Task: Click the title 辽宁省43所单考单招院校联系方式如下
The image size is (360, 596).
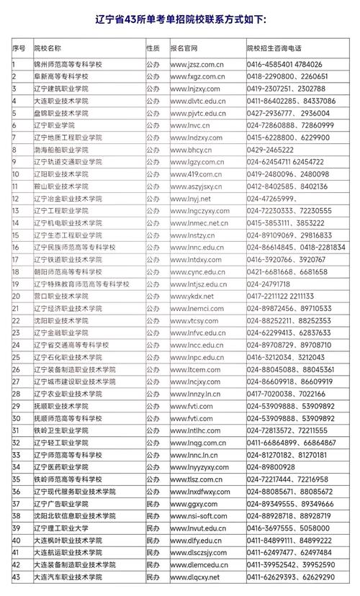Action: (x=180, y=19)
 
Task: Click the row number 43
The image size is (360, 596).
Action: (x=17, y=577)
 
